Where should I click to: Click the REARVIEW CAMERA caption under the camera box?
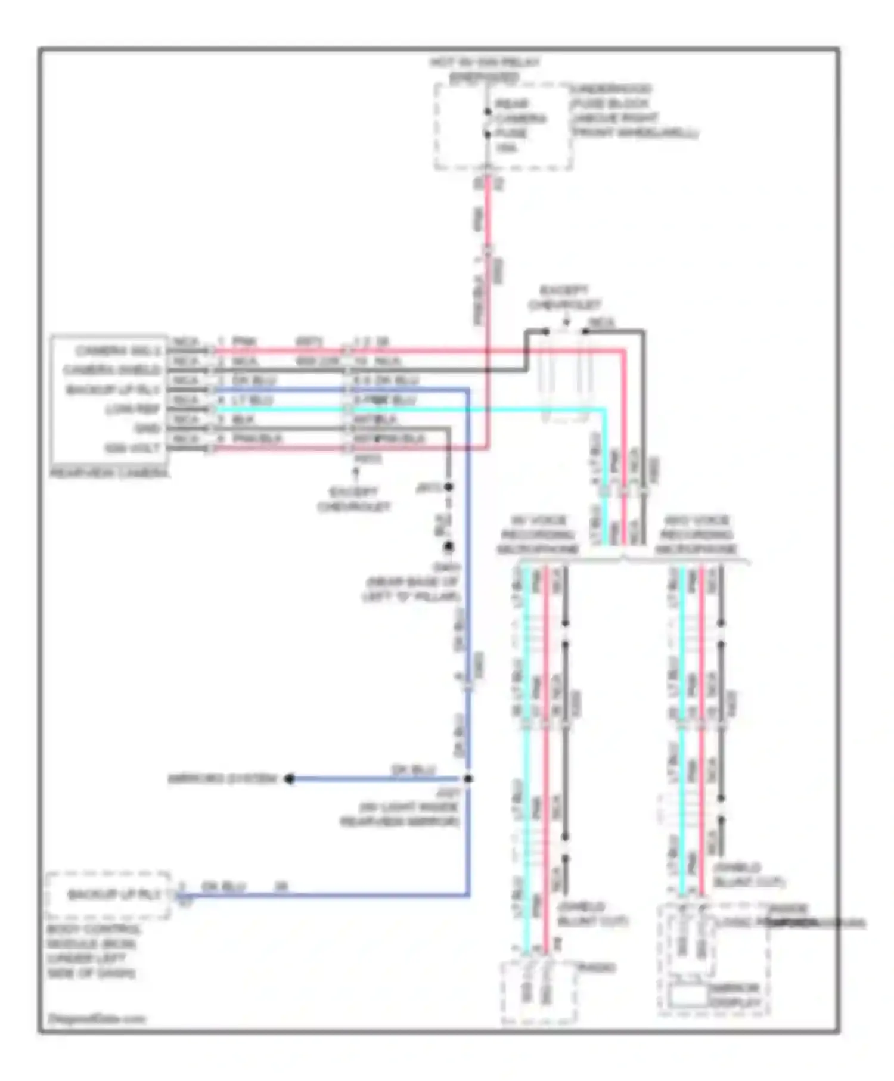point(110,473)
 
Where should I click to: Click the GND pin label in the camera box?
point(147,428)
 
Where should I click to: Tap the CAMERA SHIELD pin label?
point(112,370)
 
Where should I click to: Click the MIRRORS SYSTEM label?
point(222,779)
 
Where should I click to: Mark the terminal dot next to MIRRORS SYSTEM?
point(289,779)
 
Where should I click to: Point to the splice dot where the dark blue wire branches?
point(468,779)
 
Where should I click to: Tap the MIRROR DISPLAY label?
point(735,995)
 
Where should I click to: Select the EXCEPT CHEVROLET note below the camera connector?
point(354,499)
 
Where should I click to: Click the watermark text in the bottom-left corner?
point(97,1018)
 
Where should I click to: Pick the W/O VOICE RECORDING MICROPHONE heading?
point(696,535)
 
